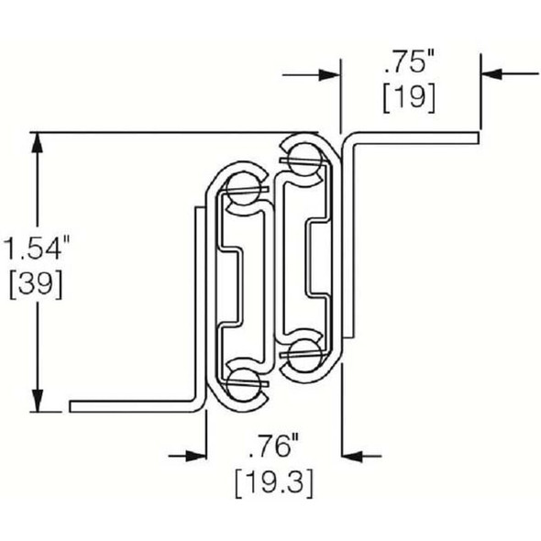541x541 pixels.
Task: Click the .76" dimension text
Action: tap(272, 447)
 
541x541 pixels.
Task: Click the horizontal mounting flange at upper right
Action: tap(413, 138)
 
